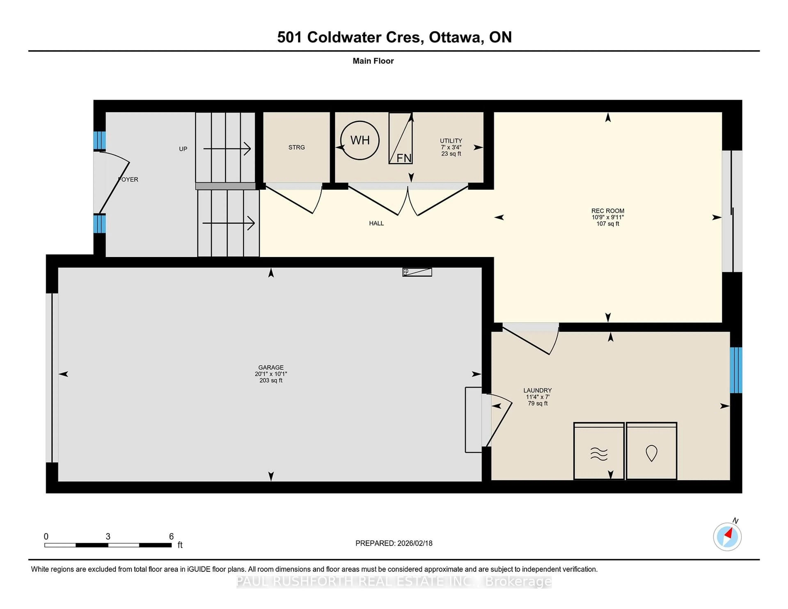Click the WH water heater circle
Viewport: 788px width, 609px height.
pyautogui.click(x=360, y=140)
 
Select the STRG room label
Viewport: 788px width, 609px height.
pyautogui.click(x=297, y=147)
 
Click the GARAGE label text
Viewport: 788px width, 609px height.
pyautogui.click(x=271, y=367)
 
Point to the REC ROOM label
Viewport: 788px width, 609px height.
pyautogui.click(x=608, y=211)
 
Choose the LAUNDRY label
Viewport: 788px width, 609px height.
pyautogui.click(x=537, y=390)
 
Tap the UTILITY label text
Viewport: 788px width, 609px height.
pyautogui.click(x=451, y=141)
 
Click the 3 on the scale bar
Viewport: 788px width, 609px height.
pyautogui.click(x=108, y=537)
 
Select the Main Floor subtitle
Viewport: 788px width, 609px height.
pyautogui.click(x=373, y=61)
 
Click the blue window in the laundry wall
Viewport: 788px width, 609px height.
pyautogui.click(x=736, y=370)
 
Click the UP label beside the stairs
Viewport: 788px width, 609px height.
pyautogui.click(x=183, y=149)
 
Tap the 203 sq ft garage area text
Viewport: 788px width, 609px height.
pyautogui.click(x=271, y=380)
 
